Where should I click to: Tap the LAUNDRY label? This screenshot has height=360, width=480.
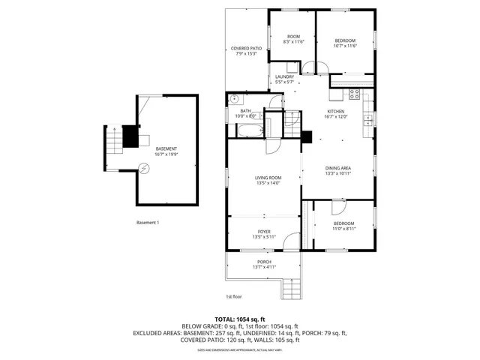pos(284,76)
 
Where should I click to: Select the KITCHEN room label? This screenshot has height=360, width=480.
pos(335,112)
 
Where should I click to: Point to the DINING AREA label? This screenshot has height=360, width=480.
pos(338,168)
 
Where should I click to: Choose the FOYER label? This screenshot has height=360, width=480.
pos(264,232)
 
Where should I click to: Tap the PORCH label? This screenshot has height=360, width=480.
pos(264,262)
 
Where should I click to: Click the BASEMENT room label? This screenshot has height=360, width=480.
pos(166,149)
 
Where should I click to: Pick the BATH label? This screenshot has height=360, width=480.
pos(245,111)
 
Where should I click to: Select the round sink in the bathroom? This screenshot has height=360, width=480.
pos(235,98)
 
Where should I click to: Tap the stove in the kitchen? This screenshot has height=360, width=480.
pos(354,94)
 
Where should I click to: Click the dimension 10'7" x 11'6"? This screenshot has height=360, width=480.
pos(344,46)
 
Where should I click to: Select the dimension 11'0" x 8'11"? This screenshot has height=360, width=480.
pos(343,229)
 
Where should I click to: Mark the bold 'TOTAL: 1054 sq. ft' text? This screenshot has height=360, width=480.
pos(240,319)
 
